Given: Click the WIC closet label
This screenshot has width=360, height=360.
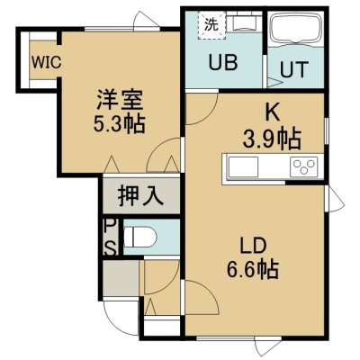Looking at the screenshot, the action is point(47,62).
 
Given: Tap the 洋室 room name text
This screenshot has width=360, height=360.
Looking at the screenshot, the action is point(120,100).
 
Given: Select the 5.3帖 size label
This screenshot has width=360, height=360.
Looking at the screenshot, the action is point(119,123).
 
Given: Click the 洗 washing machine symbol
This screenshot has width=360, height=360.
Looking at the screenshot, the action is point(211,25).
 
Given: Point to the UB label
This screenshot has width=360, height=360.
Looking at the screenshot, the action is point(223,63).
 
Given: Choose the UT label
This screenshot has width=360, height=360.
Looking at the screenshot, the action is point(294,69).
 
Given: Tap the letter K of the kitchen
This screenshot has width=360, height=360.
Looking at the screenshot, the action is point(272,112).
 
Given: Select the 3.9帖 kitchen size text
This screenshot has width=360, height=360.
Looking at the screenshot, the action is point(272,139).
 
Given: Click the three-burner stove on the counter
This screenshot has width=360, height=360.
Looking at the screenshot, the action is point(304,166).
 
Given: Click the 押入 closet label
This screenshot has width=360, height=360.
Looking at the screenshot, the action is point(140,196).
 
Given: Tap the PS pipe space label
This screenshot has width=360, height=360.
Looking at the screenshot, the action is point(110,237).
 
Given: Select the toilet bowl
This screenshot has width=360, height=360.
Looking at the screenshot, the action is point(140,237).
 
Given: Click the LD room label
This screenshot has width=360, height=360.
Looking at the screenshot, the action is point(253,246).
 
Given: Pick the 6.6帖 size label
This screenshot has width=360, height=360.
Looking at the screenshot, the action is point(253,269).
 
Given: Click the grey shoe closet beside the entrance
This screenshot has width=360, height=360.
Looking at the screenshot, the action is point(121,278).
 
